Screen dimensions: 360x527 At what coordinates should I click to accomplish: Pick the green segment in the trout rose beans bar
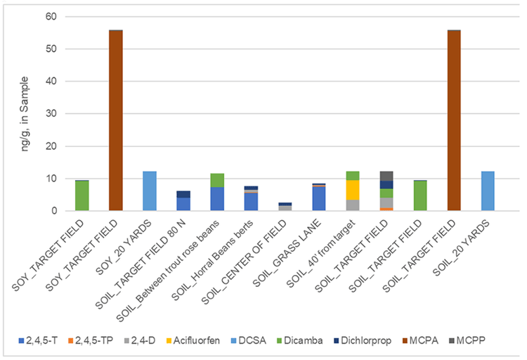[x=217, y=180]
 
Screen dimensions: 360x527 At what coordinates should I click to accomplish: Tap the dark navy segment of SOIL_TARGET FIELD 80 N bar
[x=183, y=194]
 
